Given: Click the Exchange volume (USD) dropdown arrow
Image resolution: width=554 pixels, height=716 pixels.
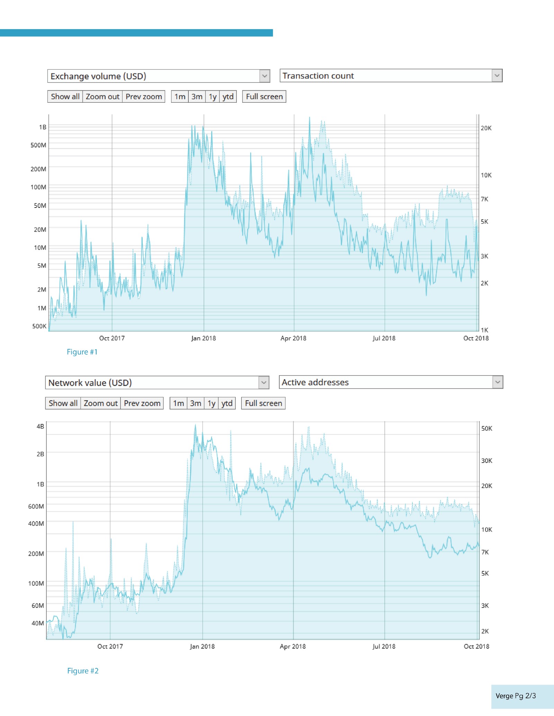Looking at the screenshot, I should pyautogui.click(x=265, y=76).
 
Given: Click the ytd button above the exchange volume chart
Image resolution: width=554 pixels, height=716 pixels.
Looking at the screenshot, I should pyautogui.click(x=228, y=97).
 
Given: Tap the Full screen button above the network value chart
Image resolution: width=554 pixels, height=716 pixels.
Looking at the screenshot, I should pyautogui.click(x=263, y=403).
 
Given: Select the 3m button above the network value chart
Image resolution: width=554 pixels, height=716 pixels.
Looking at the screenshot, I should pyautogui.click(x=195, y=403).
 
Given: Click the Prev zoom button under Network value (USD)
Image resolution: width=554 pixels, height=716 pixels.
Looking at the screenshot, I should pyautogui.click(x=142, y=403).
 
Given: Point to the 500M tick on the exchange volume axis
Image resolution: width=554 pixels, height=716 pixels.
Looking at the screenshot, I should pyautogui.click(x=38, y=145).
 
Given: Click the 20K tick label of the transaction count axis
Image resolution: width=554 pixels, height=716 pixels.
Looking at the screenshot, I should pyautogui.click(x=486, y=128).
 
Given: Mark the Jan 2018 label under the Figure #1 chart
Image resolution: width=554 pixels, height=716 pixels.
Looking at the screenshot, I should pyautogui.click(x=203, y=338).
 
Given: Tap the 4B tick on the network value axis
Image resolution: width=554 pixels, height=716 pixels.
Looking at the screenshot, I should pyautogui.click(x=40, y=426).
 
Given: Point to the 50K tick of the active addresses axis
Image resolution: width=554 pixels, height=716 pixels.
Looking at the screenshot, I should pyautogui.click(x=486, y=429).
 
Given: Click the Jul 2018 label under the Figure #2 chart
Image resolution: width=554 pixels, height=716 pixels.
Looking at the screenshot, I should pyautogui.click(x=384, y=646).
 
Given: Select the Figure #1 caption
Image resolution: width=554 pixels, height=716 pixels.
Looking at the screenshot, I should pyautogui.click(x=82, y=352).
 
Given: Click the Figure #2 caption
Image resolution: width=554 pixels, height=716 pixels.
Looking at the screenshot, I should pyautogui.click(x=83, y=671).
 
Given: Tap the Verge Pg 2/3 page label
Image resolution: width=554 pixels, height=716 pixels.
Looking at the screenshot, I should pyautogui.click(x=516, y=696).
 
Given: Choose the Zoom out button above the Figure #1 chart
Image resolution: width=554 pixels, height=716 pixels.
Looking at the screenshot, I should pyautogui.click(x=102, y=97).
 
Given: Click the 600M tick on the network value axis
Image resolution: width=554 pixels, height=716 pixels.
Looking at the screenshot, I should pyautogui.click(x=36, y=506).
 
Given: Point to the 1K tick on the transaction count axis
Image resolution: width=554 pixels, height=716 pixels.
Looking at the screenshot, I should pyautogui.click(x=484, y=330).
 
